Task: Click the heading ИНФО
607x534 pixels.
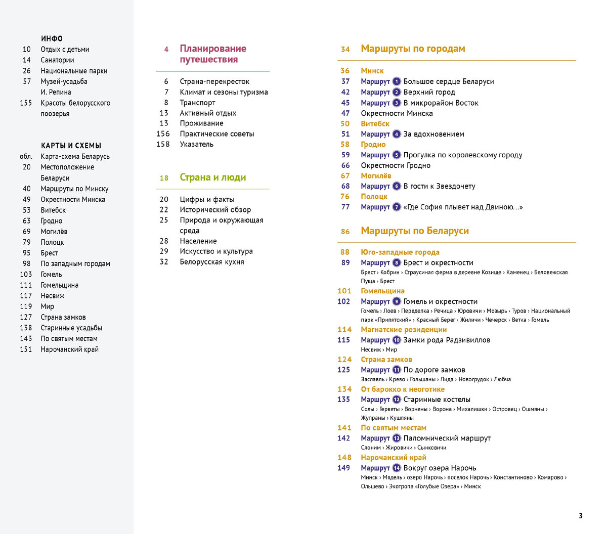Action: click(x=52, y=38)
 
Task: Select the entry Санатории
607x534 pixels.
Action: click(x=57, y=60)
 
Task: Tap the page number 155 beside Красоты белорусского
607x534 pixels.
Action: click(x=26, y=103)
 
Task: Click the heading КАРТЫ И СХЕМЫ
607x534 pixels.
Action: click(x=71, y=146)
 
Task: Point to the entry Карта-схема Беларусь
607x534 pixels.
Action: click(x=75, y=156)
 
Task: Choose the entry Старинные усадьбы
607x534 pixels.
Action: click(x=71, y=328)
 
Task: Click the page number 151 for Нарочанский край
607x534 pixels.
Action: click(x=26, y=349)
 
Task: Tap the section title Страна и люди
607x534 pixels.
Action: click(x=213, y=177)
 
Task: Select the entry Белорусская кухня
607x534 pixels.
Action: click(x=212, y=261)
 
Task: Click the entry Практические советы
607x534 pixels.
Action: click(x=217, y=133)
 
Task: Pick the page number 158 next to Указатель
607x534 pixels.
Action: click(x=163, y=144)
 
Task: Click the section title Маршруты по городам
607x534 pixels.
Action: click(x=413, y=49)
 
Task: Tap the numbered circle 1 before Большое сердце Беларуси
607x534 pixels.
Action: click(x=397, y=81)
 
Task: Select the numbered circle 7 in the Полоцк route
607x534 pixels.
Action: click(x=397, y=207)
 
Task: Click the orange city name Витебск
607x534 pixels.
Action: click(x=375, y=123)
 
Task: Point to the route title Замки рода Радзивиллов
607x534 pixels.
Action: click(x=447, y=340)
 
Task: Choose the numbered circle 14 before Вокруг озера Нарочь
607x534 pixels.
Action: click(x=397, y=468)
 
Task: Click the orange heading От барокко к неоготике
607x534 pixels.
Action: click(x=403, y=389)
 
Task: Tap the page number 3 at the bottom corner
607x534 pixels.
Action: click(x=581, y=516)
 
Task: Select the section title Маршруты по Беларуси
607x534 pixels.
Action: click(x=415, y=231)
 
